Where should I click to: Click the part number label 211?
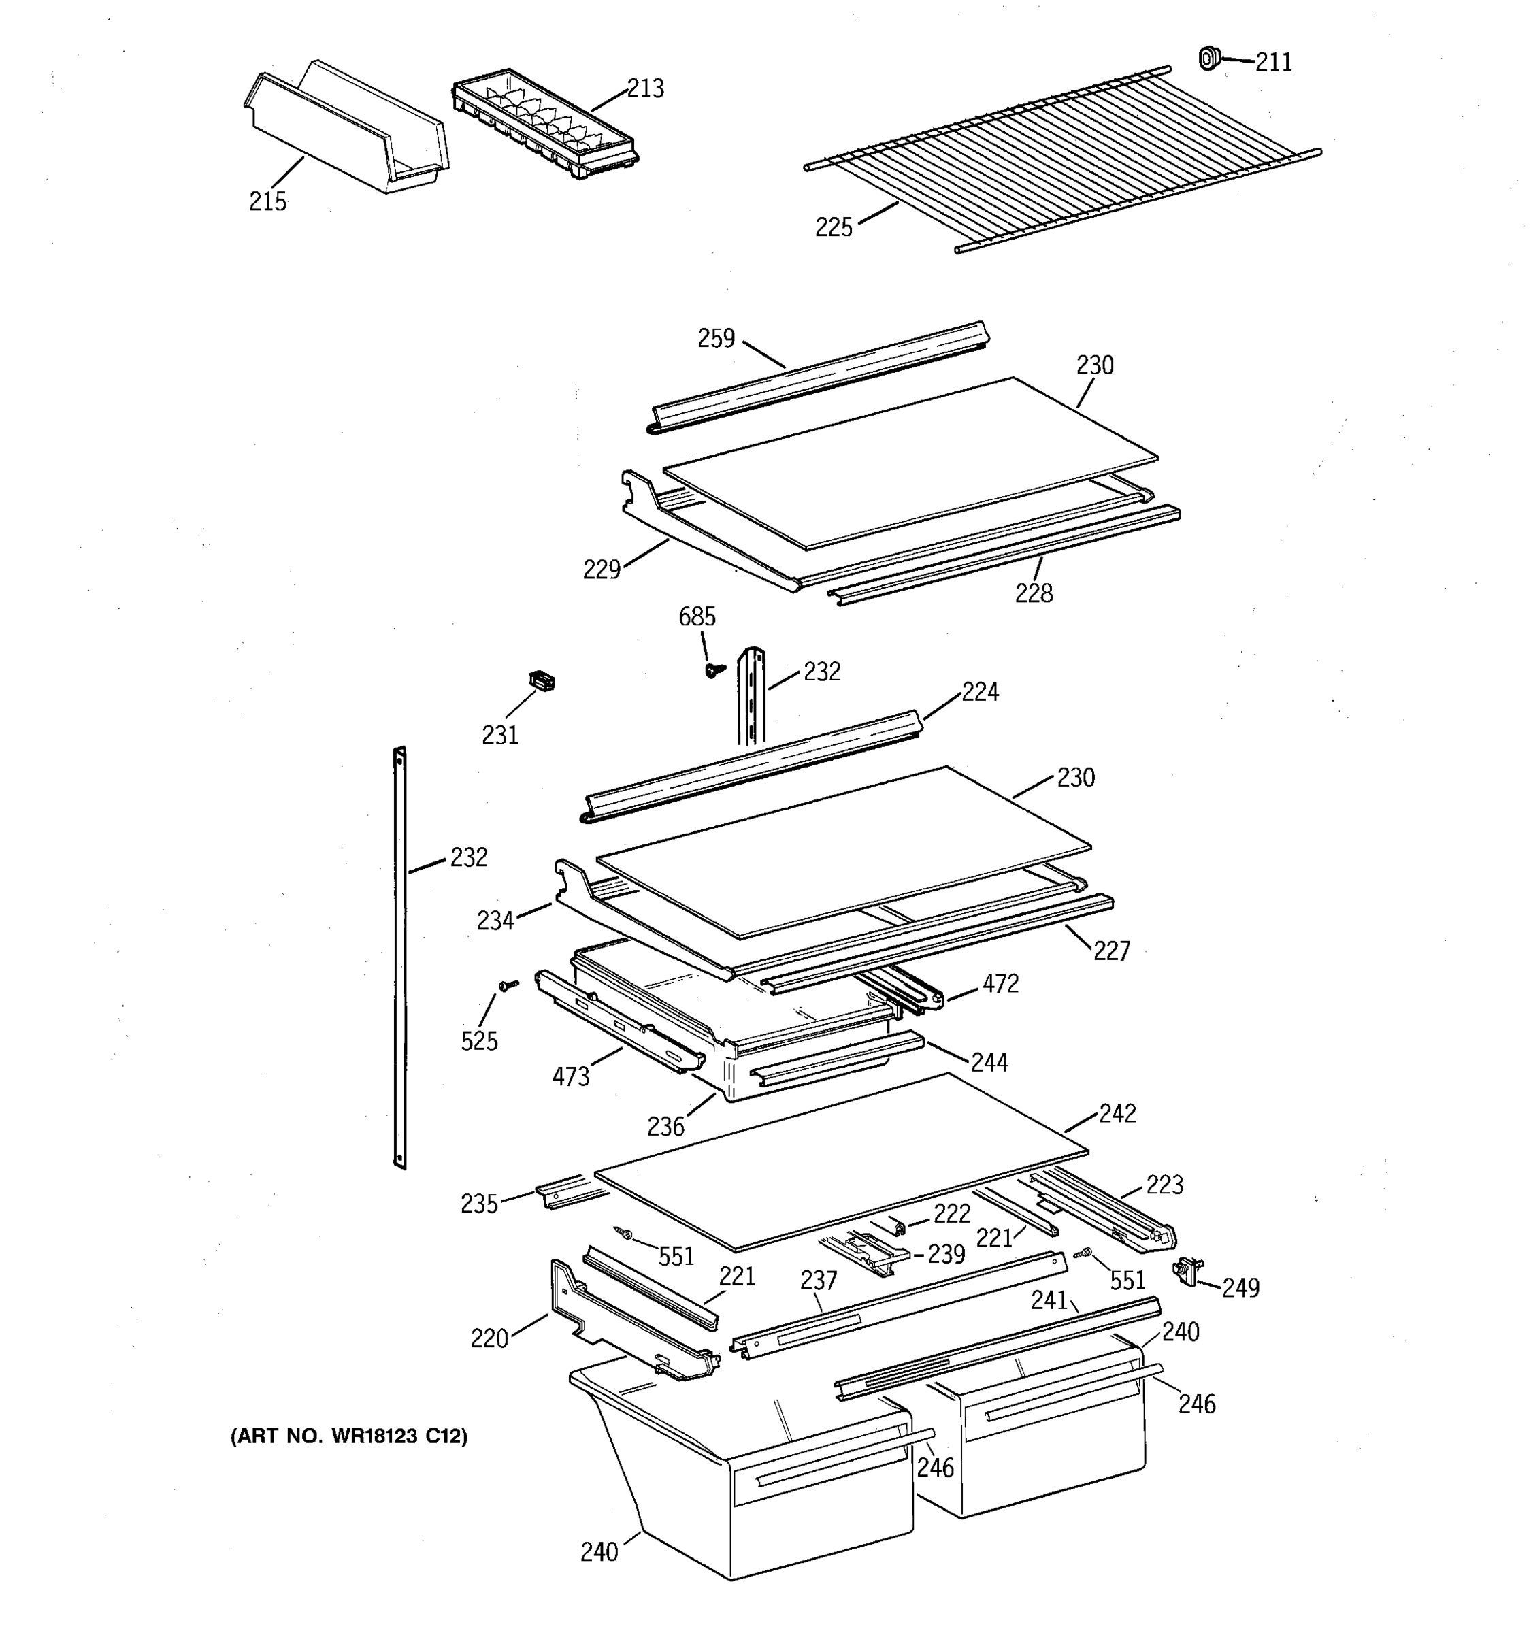pyautogui.click(x=1273, y=63)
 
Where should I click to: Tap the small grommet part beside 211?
pyautogui.click(x=1207, y=59)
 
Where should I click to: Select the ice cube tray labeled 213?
pyautogui.click(x=544, y=123)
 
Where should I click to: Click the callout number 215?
pyautogui.click(x=268, y=201)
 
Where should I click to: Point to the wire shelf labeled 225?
pyautogui.click(x=1059, y=160)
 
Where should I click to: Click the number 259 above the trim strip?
pyautogui.click(x=717, y=338)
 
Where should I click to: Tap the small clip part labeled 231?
pyautogui.click(x=540, y=680)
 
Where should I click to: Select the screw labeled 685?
pyautogui.click(x=714, y=670)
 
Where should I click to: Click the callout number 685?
pyautogui.click(x=697, y=616)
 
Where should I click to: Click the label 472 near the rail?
pyautogui.click(x=1000, y=983)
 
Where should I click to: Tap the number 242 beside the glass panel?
pyautogui.click(x=1117, y=1113)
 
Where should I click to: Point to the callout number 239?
pyautogui.click(x=946, y=1254)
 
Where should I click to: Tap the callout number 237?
pyautogui.click(x=818, y=1281)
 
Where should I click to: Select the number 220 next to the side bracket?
pyautogui.click(x=489, y=1339)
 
